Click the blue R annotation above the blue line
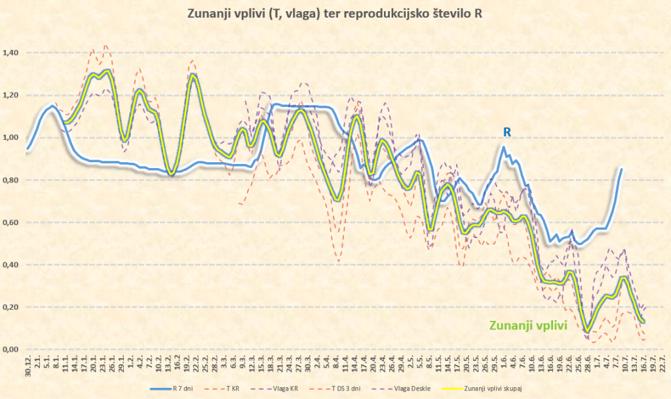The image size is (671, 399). tap(507, 132)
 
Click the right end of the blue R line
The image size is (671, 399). tap(621, 169)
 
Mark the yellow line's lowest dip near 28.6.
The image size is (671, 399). tap(588, 330)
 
